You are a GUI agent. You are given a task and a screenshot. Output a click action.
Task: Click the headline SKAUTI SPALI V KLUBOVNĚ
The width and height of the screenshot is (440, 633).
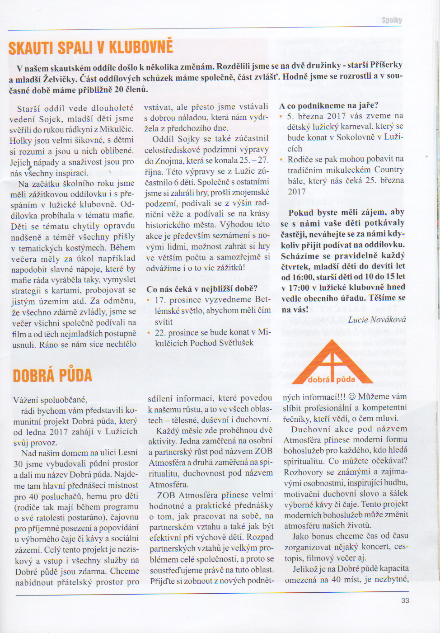(90, 47)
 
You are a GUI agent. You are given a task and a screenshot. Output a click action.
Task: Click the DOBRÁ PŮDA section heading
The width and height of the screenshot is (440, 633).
(52, 376)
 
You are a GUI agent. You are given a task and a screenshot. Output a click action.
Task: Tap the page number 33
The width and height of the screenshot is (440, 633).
(405, 600)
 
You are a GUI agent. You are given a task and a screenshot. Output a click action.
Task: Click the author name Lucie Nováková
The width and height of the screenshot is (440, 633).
(377, 320)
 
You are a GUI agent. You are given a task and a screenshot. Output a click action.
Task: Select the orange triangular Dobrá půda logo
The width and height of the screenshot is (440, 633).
(332, 363)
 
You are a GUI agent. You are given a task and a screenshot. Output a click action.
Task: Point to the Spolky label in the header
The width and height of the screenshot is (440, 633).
(391, 20)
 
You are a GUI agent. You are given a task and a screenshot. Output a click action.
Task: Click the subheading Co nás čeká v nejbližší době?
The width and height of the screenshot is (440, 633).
(202, 288)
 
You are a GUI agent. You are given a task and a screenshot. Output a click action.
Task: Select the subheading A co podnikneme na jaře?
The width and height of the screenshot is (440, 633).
(329, 105)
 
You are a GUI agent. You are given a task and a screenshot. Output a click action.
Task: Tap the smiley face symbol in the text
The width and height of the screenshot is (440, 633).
(352, 397)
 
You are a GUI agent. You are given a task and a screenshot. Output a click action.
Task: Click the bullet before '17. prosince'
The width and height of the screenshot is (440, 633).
(149, 300)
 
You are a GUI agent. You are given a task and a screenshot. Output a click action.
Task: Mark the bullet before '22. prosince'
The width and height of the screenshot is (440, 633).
(149, 332)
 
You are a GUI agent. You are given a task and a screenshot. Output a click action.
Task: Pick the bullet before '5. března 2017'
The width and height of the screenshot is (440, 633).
(281, 116)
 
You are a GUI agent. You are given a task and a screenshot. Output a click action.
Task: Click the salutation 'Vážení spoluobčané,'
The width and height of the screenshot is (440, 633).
(50, 400)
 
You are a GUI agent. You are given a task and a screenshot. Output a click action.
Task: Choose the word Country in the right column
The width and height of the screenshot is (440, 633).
(389, 170)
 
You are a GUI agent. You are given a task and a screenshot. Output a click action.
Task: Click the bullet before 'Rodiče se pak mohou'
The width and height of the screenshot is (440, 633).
(281, 159)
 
